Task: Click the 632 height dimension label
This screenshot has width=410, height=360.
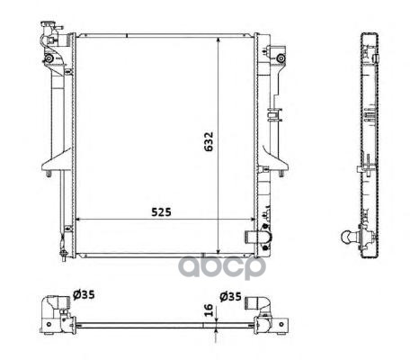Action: tap(209, 141)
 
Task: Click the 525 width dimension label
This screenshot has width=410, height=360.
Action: tap(161, 212)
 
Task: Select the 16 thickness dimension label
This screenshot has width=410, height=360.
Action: tap(209, 310)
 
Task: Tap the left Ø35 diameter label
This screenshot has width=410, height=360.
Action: tap(84, 295)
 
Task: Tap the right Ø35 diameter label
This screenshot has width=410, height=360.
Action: tap(230, 297)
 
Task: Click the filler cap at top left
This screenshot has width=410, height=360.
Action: tap(49, 24)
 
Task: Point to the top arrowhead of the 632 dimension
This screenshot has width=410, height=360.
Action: tap(218, 40)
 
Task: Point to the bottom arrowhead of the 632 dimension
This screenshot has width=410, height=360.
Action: tap(218, 251)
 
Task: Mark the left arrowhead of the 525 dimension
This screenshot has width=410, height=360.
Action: tap(79, 220)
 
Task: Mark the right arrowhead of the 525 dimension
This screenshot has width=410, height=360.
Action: tap(251, 220)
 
